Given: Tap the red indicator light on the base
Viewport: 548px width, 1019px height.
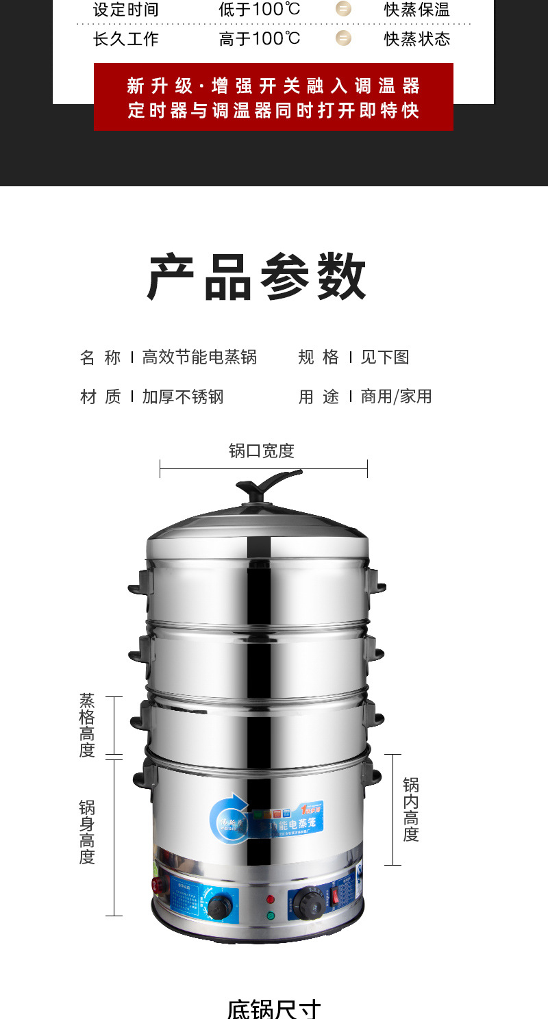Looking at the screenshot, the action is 270,899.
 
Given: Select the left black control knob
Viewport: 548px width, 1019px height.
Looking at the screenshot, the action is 219,907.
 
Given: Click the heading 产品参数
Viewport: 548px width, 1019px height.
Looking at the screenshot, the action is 258,277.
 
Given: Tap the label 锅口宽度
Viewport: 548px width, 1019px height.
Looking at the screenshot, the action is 261,451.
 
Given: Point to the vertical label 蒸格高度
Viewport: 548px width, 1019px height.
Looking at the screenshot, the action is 87,725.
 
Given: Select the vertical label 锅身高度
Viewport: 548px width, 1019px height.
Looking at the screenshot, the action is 87,832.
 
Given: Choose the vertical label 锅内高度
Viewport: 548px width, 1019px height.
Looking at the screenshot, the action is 410,809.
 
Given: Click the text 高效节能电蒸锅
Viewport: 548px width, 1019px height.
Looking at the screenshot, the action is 199,357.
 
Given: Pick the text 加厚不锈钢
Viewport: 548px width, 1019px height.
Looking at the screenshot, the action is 183,397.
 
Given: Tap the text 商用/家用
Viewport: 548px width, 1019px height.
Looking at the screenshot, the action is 396,397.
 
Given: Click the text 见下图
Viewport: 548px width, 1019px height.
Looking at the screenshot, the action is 384,357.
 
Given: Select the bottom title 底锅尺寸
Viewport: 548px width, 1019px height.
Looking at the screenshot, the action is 273,1009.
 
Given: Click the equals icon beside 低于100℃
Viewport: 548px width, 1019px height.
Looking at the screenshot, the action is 343,10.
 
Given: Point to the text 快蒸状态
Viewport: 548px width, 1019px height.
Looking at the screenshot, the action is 416,39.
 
